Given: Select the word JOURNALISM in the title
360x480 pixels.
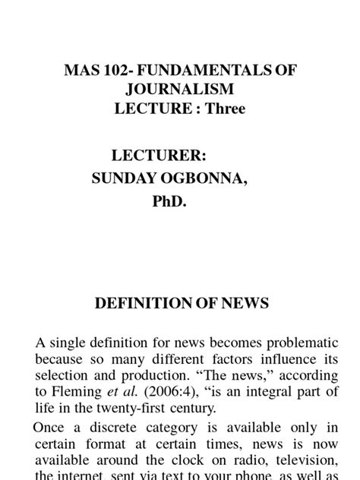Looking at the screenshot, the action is tap(180, 89).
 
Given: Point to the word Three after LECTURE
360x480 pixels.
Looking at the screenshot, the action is tap(225, 109).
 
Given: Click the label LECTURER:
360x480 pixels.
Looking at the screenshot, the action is tap(159, 156).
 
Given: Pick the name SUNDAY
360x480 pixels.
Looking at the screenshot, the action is tap(122, 179).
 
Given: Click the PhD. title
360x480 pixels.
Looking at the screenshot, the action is tap(179, 203).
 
